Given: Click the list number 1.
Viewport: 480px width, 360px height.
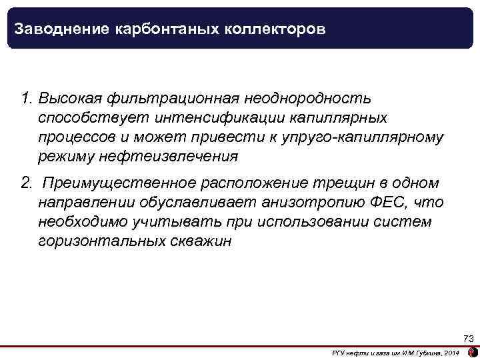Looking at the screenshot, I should (x=26, y=99).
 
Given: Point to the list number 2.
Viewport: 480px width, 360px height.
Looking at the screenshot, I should (x=26, y=183).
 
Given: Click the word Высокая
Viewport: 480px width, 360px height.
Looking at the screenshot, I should (x=68, y=99).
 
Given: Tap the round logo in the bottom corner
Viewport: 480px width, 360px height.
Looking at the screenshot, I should (x=473, y=352).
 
